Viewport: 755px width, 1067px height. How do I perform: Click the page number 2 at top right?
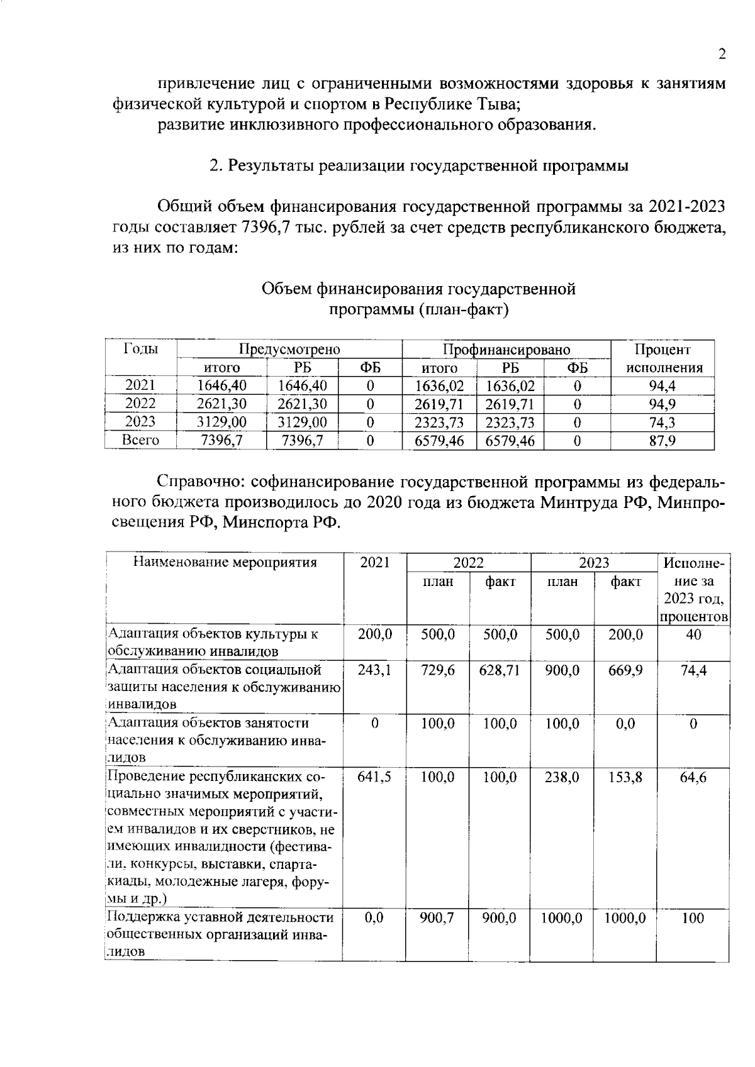(722, 54)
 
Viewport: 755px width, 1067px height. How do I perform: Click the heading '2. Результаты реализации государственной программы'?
(418, 166)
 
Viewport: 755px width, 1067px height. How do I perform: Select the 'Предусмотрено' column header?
(289, 350)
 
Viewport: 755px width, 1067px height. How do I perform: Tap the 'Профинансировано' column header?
(506, 350)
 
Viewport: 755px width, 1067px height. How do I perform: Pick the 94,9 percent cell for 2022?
(662, 404)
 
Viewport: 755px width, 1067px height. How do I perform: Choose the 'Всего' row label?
(140, 440)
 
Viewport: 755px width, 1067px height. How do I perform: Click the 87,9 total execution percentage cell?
(662, 441)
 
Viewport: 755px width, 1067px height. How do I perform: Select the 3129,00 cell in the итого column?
(221, 422)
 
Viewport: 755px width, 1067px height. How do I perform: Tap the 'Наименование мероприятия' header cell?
(225, 563)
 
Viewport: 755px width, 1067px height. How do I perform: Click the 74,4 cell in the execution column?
(693, 670)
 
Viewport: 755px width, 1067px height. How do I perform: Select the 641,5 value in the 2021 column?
(374, 777)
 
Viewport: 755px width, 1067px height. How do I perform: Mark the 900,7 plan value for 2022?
(437, 918)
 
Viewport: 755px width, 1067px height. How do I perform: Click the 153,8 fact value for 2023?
(625, 777)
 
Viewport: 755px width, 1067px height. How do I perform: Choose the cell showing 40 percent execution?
(693, 634)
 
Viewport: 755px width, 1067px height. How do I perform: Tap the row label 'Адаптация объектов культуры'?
(214, 634)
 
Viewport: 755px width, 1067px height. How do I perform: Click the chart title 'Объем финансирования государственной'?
(418, 289)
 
